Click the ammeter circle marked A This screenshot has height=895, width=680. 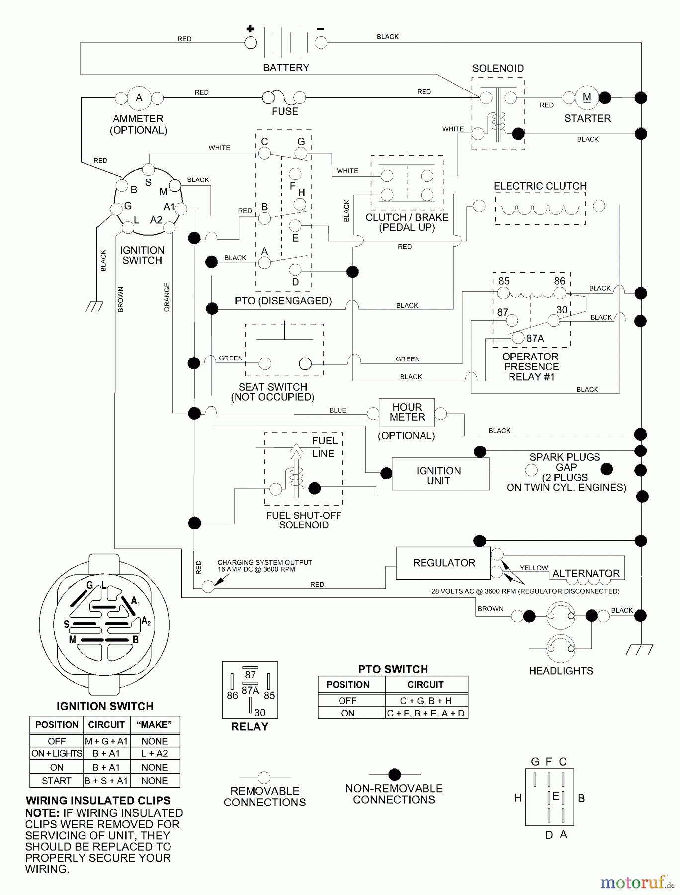tap(139, 98)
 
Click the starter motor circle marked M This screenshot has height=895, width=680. tap(587, 97)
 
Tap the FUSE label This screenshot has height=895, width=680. tap(285, 111)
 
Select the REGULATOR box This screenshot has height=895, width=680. tap(443, 563)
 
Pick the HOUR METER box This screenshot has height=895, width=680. tap(407, 412)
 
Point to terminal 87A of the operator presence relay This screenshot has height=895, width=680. tap(518, 338)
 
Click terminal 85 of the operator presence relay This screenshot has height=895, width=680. tap(503, 293)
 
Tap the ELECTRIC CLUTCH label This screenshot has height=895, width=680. tap(540, 186)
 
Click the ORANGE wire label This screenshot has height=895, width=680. tap(167, 297)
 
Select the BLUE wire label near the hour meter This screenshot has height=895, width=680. tap(338, 410)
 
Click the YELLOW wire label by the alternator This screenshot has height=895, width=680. tap(533, 568)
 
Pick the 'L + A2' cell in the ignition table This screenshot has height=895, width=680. tap(154, 753)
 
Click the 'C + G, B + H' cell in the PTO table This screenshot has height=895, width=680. tap(426, 700)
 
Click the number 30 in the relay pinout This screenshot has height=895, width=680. tap(260, 712)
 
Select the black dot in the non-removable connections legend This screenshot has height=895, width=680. tap(394, 774)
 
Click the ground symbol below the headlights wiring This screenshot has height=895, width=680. tap(640, 649)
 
